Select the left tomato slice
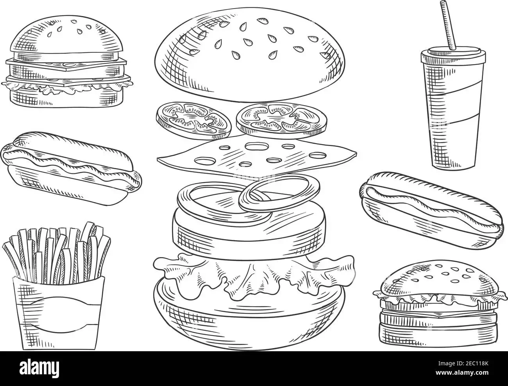click(193, 121)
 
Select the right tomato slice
click(282, 119)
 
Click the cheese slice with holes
click(256, 158)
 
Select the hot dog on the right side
click(431, 210)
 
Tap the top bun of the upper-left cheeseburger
click(67, 38)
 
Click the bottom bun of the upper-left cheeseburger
click(67, 98)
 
